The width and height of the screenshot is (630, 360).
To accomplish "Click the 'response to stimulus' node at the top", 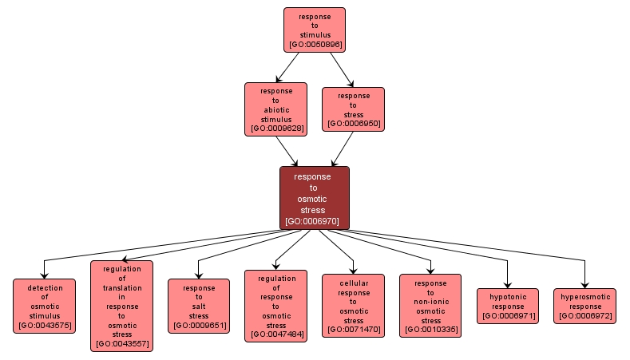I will (314, 30).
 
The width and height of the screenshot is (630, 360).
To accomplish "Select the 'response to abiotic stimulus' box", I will (275, 109).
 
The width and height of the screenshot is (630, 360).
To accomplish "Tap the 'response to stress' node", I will (353, 109).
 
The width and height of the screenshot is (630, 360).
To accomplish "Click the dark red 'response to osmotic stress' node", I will (314, 198).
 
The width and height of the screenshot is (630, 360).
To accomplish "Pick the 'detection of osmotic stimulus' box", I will (44, 306).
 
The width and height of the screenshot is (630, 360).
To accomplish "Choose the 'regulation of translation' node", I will (121, 306).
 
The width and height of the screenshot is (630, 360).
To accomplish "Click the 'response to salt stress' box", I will (199, 306).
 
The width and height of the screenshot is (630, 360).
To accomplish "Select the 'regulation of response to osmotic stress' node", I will (275, 306).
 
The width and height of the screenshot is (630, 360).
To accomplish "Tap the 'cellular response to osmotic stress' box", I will (353, 306).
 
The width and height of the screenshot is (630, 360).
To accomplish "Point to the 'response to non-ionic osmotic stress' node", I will (430, 306).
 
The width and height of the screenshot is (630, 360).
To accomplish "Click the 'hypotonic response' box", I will (508, 306).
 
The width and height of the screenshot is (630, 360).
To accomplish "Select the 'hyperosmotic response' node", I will (584, 306).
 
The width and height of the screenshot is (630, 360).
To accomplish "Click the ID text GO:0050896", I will (315, 45).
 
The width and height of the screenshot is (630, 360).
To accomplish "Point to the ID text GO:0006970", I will (314, 221).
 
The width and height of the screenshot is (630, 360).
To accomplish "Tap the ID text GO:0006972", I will (584, 316).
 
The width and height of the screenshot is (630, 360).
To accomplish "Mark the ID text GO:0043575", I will (44, 326).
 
